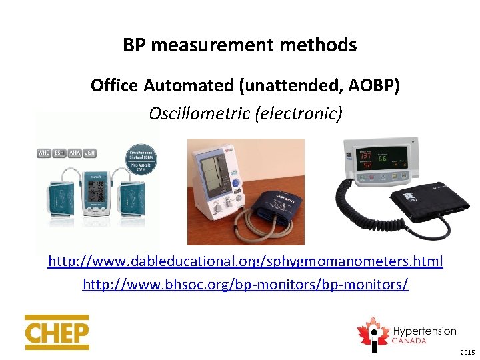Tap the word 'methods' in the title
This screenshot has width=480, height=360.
pyautogui.click(x=321, y=45)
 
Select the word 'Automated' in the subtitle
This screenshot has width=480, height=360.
pyautogui.click(x=175, y=86)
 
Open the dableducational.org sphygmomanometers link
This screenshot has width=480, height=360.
pyautogui.click(x=245, y=260)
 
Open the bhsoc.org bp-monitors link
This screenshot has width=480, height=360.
pyautogui.click(x=245, y=285)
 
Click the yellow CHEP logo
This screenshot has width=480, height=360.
pyautogui.click(x=57, y=332)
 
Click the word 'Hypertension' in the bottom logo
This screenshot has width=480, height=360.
pyautogui.click(x=424, y=331)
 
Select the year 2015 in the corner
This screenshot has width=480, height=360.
pyautogui.click(x=468, y=351)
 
